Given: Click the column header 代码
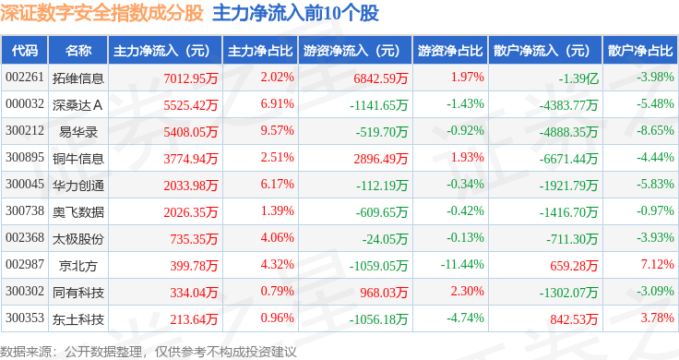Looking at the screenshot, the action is pyautogui.click(x=25, y=50).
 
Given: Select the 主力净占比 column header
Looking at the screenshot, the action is pyautogui.click(x=260, y=50).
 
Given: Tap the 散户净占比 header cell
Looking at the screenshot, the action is pyautogui.click(x=640, y=50).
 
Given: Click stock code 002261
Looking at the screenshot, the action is pyautogui.click(x=25, y=78).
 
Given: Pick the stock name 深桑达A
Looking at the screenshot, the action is pyautogui.click(x=77, y=105).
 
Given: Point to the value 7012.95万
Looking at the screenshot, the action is pyautogui.click(x=191, y=78).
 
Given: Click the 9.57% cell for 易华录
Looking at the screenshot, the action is pyautogui.click(x=277, y=131).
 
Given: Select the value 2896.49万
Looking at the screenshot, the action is pyautogui.click(x=381, y=159).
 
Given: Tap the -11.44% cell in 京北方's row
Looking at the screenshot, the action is pyautogui.click(x=462, y=264).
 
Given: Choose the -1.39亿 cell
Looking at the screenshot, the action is pyautogui.click(x=578, y=78).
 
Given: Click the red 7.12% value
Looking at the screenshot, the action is pyautogui.click(x=658, y=264).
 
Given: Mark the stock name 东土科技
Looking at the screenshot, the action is pyautogui.click(x=77, y=319).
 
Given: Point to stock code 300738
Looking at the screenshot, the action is pyautogui.click(x=25, y=211).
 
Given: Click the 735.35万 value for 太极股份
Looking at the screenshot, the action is pyautogui.click(x=194, y=239).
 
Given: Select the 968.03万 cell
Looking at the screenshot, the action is pyautogui.click(x=384, y=293).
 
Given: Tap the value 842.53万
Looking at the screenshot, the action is pyautogui.click(x=574, y=319).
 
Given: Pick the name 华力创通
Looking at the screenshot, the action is pyautogui.click(x=77, y=186).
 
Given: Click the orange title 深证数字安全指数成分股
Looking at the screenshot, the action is pyautogui.click(x=101, y=13).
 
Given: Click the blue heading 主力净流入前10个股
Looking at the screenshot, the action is pyautogui.click(x=295, y=13).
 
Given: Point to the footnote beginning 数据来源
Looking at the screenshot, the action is pyautogui.click(x=149, y=352).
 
